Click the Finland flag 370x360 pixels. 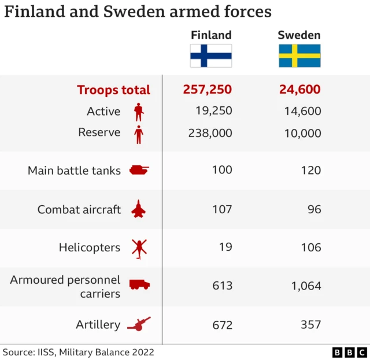[x=211, y=56]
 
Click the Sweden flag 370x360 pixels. [x=299, y=56]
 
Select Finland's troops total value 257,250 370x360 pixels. [x=208, y=90]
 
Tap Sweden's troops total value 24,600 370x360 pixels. [x=299, y=90]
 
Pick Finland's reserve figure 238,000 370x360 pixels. [x=210, y=133]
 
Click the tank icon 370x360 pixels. [x=139, y=170]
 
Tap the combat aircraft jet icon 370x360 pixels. [x=139, y=209]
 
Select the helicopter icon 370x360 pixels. [x=139, y=248]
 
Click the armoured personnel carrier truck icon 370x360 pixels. [x=139, y=285]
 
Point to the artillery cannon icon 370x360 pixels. [x=139, y=324]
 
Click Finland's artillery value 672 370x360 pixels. [x=222, y=325]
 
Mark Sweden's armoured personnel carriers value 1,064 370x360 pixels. [x=306, y=285]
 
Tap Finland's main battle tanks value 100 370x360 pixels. [x=222, y=170]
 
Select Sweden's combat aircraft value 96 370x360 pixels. [x=314, y=209]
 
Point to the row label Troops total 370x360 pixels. [x=113, y=90]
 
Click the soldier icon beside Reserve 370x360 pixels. [x=138, y=134]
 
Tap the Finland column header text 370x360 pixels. [x=211, y=35]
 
